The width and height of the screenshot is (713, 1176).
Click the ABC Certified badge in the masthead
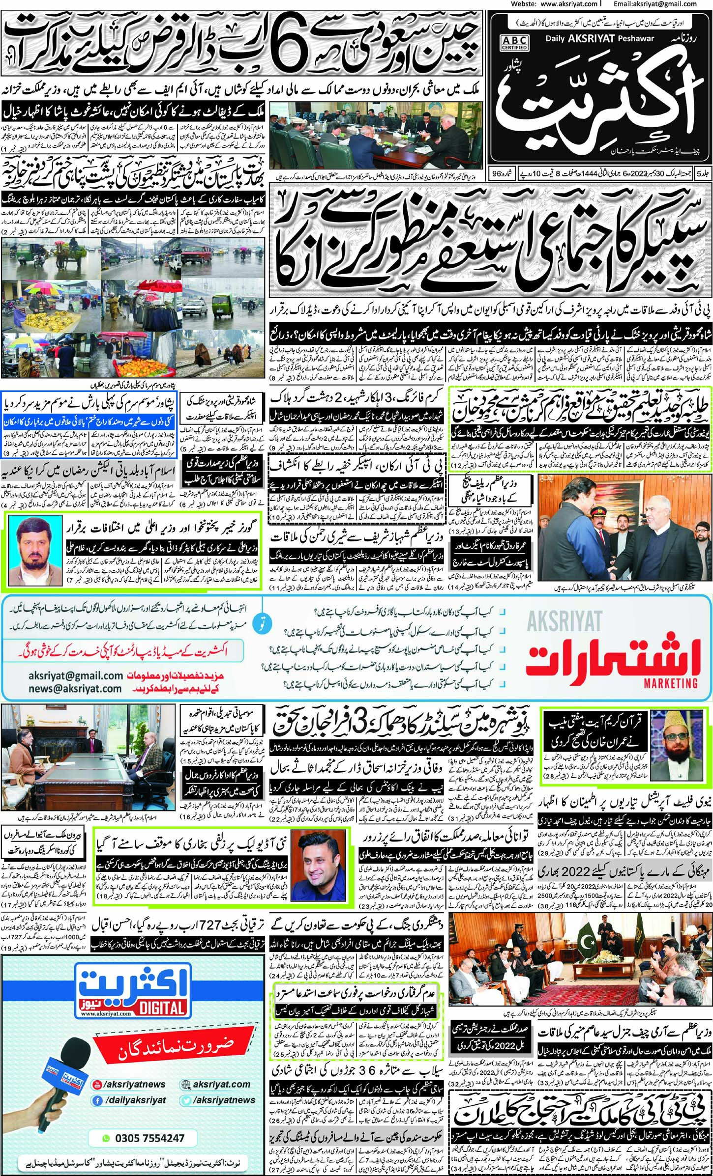pyautogui.click(x=514, y=43)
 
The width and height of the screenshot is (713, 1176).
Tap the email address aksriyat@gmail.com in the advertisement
pyautogui.click(x=75, y=676)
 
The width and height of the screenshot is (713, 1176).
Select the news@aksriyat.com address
pyautogui.click(x=75, y=689)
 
